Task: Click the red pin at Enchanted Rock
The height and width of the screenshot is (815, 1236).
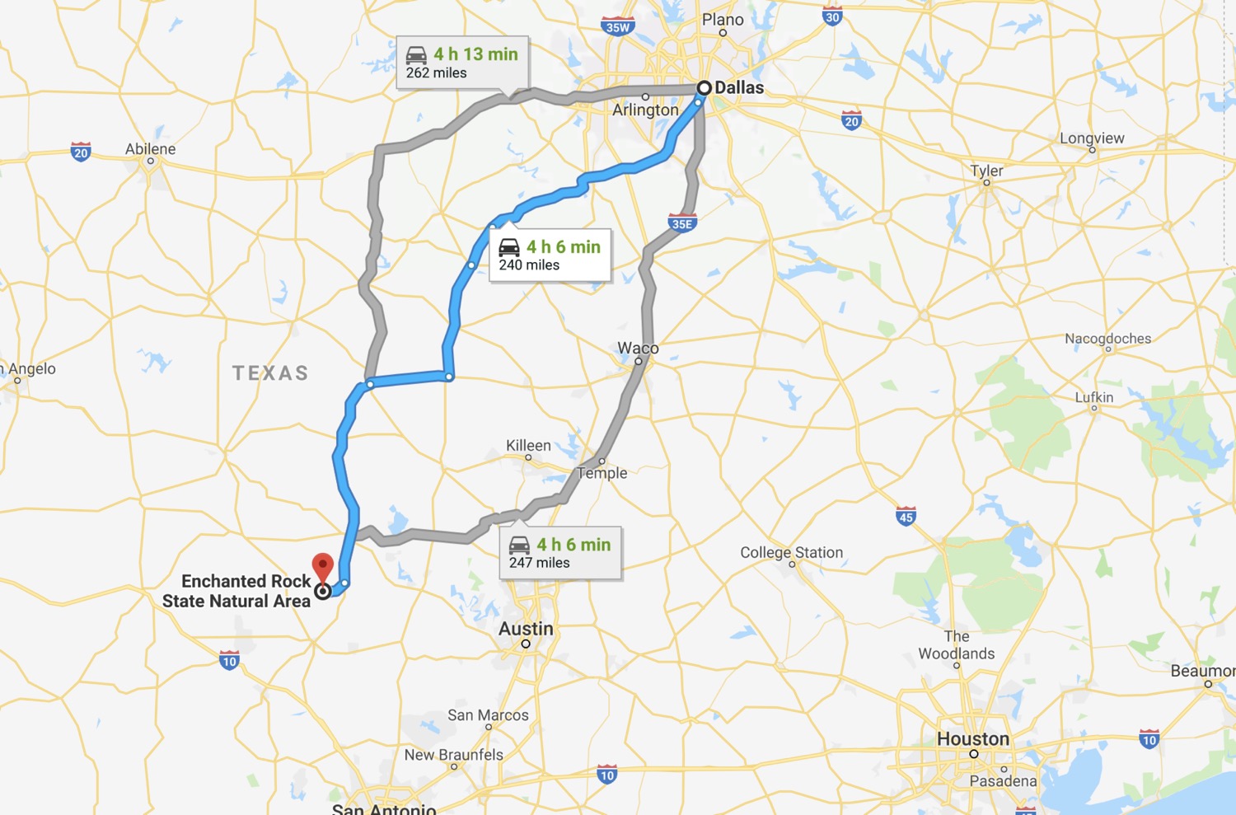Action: (x=323, y=566)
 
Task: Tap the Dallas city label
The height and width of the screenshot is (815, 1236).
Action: (x=739, y=87)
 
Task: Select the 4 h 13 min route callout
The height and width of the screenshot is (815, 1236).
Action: (x=462, y=63)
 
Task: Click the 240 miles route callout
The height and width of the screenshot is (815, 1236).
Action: (x=550, y=255)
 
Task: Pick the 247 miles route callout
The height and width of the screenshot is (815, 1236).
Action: (x=560, y=553)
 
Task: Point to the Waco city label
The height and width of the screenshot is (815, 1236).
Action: (x=638, y=348)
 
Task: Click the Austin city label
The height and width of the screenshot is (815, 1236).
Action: (x=526, y=629)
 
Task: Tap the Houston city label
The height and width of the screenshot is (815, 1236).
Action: (x=973, y=739)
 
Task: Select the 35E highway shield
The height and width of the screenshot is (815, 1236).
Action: (x=682, y=222)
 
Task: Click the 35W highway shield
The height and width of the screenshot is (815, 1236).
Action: (x=617, y=26)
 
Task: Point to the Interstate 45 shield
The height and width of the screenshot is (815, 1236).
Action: (x=906, y=517)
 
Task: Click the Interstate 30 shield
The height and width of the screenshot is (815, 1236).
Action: (x=832, y=16)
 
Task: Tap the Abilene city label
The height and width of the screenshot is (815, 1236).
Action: (x=150, y=149)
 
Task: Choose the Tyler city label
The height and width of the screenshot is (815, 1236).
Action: (x=986, y=171)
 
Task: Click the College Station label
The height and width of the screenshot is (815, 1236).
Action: (x=791, y=552)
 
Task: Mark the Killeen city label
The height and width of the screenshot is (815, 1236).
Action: (x=528, y=445)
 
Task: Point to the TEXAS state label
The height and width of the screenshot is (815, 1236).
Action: (x=270, y=373)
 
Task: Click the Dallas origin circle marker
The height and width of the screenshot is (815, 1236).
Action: (x=705, y=87)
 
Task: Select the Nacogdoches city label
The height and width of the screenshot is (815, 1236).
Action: (x=1107, y=339)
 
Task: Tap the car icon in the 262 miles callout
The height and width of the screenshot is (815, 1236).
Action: (x=417, y=55)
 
